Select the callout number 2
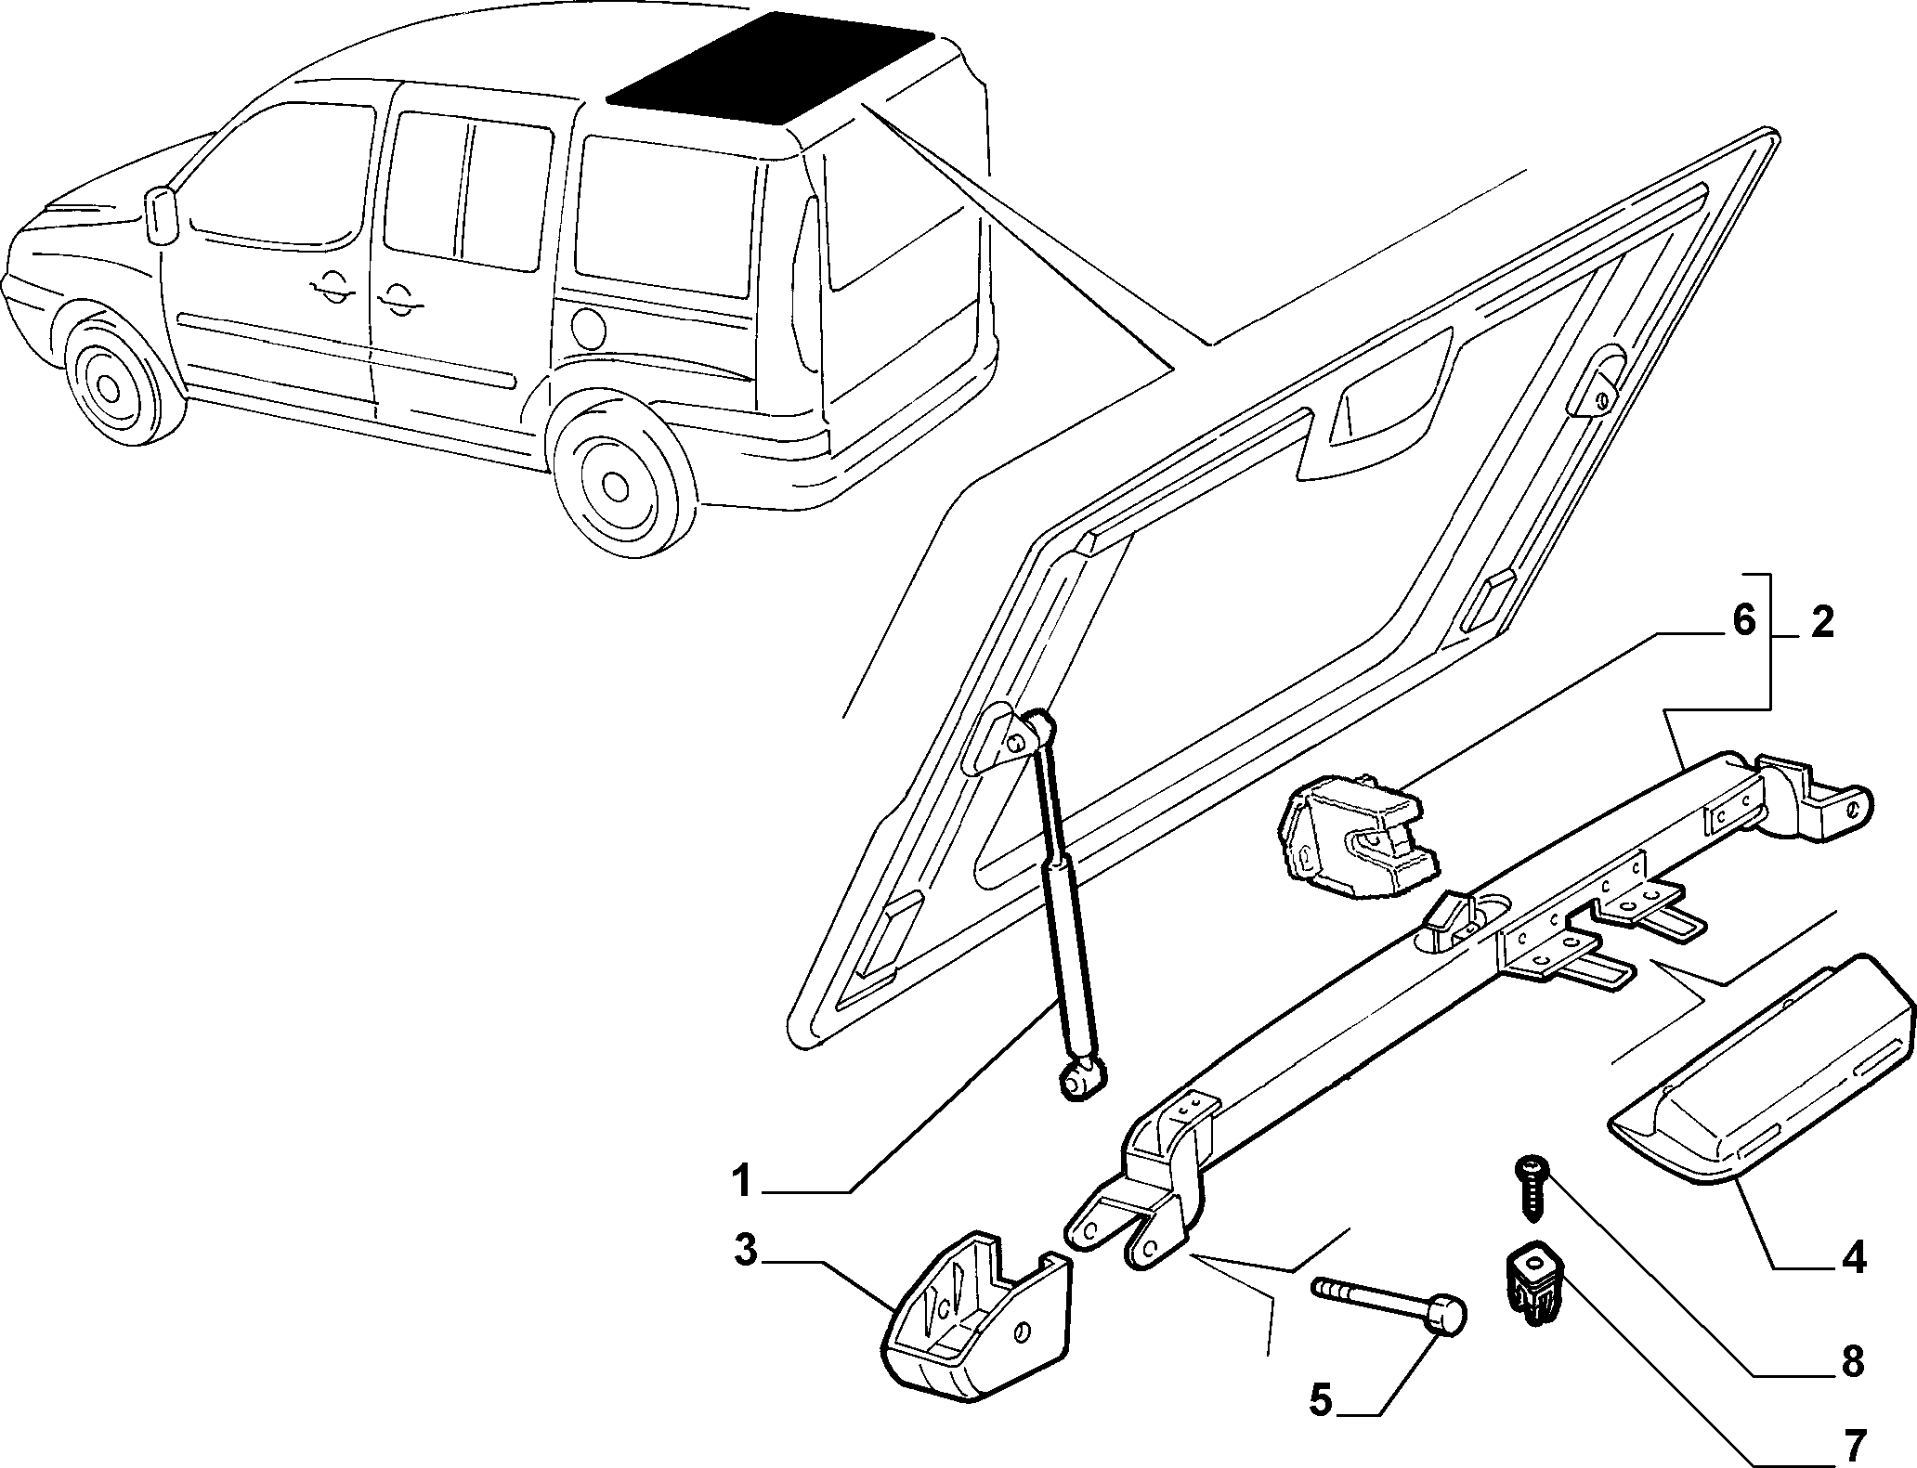click(1822, 622)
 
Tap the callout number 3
click(746, 1252)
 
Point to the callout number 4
click(1852, 1259)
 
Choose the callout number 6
click(1743, 620)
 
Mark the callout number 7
click(1852, 1445)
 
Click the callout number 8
click(1852, 1362)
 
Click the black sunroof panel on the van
click(769, 70)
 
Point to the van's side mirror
click(162, 216)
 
